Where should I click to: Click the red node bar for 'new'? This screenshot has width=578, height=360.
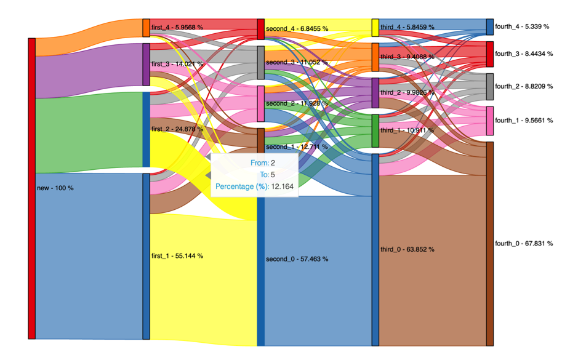click(31, 188)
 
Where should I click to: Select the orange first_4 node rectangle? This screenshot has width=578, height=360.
click(146, 28)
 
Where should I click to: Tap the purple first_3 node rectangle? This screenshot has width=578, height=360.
click(146, 64)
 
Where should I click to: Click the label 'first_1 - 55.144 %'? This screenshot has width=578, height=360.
click(177, 255)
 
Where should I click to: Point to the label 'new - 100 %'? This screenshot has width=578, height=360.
click(55, 188)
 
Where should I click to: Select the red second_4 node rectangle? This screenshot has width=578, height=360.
click(261, 29)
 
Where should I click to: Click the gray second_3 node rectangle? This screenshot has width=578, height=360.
click(261, 62)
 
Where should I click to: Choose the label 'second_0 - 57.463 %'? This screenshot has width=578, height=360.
click(297, 259)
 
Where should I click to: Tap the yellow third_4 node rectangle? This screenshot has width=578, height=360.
click(375, 28)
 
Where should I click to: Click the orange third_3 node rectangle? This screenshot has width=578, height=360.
click(375, 57)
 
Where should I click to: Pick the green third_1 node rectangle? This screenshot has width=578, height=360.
click(375, 130)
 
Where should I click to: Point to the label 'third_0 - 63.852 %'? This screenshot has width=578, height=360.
click(407, 249)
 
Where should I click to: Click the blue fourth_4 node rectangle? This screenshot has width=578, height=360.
click(490, 26)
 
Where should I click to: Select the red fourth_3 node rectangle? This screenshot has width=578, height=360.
click(490, 54)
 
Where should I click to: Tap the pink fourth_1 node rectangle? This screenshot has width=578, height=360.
click(490, 121)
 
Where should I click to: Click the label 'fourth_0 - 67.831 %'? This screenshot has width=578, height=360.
click(524, 244)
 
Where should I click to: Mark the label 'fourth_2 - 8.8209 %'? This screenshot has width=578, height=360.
click(524, 87)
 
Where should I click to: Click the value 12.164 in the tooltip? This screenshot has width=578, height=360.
click(281, 186)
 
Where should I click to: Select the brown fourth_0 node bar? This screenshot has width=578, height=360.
click(490, 244)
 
